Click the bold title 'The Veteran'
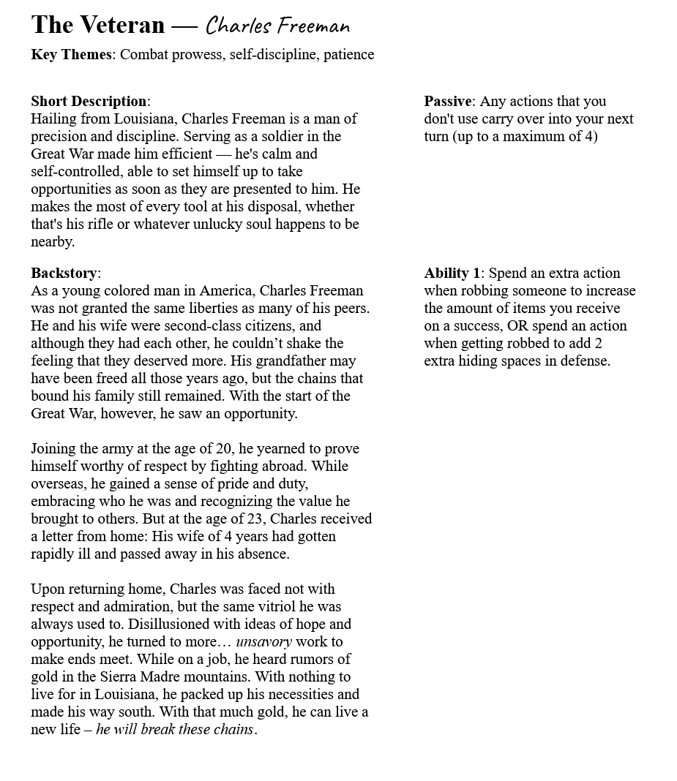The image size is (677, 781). tap(97, 26)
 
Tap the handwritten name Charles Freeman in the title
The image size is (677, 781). tap(277, 26)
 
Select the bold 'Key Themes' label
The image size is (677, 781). tap(71, 55)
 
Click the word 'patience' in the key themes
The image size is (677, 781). tap(349, 55)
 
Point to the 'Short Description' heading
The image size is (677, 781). tap(89, 102)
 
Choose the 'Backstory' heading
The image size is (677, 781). tap(64, 273)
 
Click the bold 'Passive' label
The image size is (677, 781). tap(448, 102)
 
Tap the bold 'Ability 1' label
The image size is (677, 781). tap(452, 273)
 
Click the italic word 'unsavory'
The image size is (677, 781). tap(263, 642)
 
